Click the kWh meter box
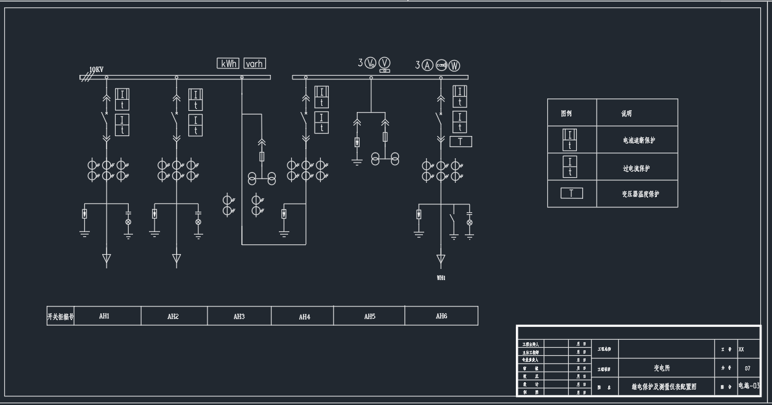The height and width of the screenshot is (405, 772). pos(228,63)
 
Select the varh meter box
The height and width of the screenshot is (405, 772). pos(255,63)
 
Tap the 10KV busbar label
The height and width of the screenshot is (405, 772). pos(96,70)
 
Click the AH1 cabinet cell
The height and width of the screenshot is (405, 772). pos(105,316)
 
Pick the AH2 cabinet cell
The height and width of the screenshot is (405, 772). pos(173,316)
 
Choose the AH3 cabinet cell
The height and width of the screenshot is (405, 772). pos(239,316)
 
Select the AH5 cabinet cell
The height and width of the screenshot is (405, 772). pos(369,316)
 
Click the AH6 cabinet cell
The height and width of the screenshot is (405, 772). pos(441,316)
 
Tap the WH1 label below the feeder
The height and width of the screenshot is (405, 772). pos(441,278)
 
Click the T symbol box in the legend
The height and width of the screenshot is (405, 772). pos(571,193)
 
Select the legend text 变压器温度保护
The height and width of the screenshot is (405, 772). pos(640,194)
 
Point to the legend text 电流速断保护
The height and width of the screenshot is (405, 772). pos(639,140)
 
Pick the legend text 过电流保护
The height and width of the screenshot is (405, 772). pos(636,168)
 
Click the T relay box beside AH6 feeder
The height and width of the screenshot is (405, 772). pos(461,142)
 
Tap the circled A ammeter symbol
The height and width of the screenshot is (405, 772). pos(427,65)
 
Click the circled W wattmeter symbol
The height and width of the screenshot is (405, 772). pos(454,65)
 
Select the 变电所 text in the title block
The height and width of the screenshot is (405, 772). pos(662,368)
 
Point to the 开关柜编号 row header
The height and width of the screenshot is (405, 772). pos(60,316)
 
